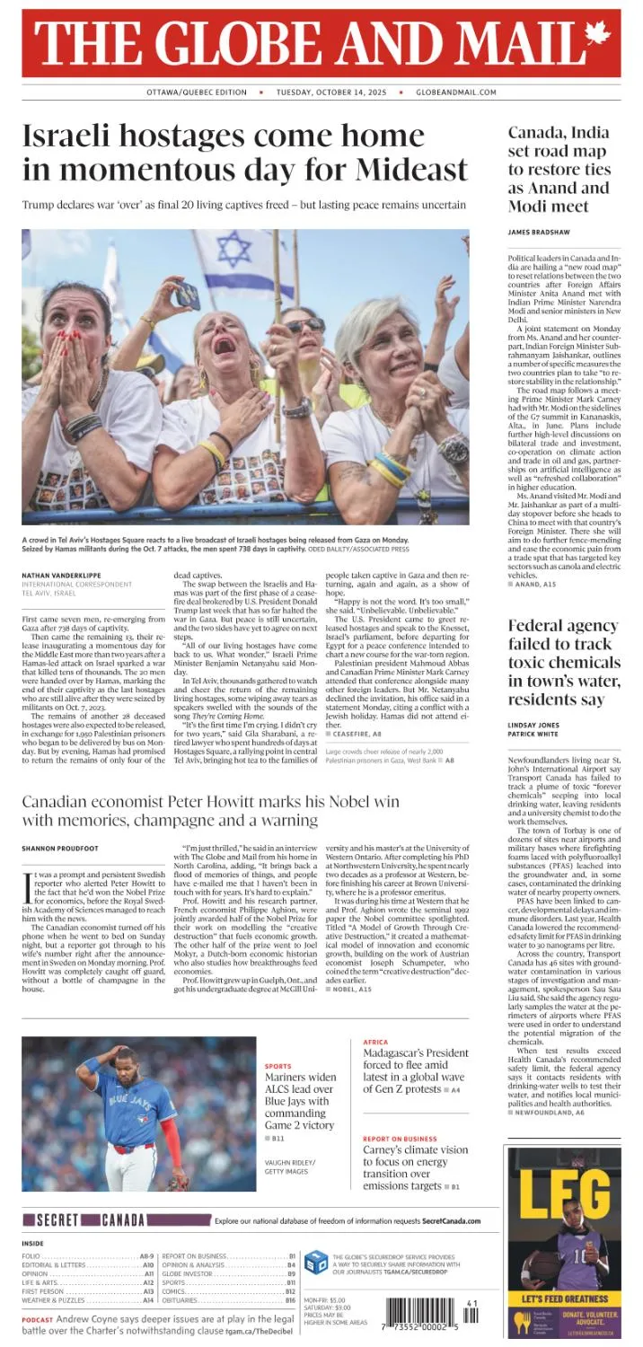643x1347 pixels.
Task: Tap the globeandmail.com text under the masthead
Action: pyautogui.click(x=456, y=92)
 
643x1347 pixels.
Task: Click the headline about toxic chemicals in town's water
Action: pyautogui.click(x=563, y=663)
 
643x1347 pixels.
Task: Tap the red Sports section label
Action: pyautogui.click(x=278, y=1066)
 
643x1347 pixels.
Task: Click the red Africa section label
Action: pyautogui.click(x=375, y=1042)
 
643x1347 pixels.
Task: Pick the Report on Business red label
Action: pyautogui.click(x=400, y=1139)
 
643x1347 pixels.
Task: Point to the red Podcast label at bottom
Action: pyautogui.click(x=38, y=1320)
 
